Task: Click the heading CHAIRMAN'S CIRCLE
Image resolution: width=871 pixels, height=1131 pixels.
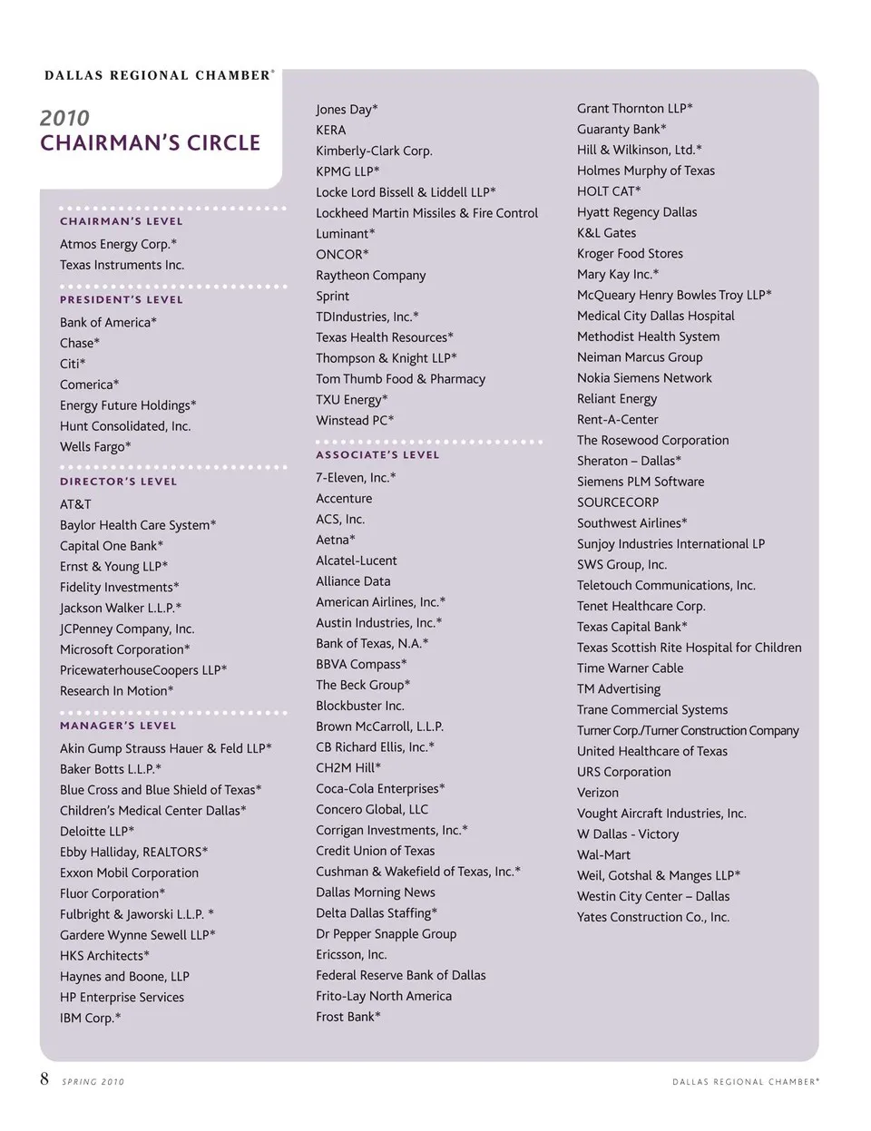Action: [x=150, y=143]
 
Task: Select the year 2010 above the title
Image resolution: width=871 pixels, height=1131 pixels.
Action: [x=64, y=118]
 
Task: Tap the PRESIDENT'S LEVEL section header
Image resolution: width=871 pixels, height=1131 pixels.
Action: [x=122, y=300]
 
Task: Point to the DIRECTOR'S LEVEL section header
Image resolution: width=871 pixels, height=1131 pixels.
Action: [x=119, y=483]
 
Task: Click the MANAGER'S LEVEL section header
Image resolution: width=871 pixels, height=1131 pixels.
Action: [x=118, y=726]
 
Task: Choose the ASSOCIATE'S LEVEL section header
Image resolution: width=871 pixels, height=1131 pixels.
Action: [x=377, y=455]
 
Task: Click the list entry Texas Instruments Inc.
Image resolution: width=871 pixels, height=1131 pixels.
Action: [x=122, y=265]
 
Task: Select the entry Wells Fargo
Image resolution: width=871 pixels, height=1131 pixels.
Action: [x=95, y=447]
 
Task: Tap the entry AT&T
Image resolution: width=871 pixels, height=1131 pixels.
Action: [x=75, y=504]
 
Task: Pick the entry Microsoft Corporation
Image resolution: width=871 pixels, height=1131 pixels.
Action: [x=124, y=649]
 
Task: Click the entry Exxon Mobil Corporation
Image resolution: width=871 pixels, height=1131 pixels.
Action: [x=129, y=873]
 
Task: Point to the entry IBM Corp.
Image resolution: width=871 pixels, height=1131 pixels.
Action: [x=90, y=1019]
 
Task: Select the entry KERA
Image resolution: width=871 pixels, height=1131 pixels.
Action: [x=330, y=131]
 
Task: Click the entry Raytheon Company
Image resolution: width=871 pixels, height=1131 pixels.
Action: [x=370, y=276]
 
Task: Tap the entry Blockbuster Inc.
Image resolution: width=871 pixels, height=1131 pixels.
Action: [x=359, y=706]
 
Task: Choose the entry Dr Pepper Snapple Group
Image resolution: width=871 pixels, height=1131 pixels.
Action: [x=386, y=934]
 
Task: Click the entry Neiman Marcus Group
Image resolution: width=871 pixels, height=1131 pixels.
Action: [x=640, y=357]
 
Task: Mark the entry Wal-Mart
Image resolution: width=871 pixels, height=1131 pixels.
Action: [x=603, y=855]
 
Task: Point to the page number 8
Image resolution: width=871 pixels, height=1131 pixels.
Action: [x=44, y=1079]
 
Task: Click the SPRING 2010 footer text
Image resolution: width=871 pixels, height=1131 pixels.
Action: [x=93, y=1082]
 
